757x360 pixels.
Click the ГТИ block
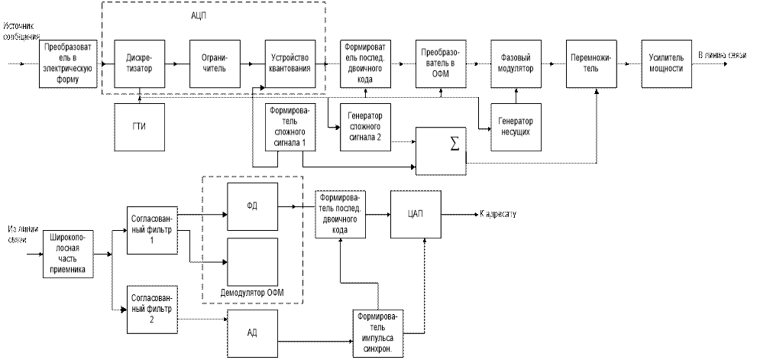point(140,125)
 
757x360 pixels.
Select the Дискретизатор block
point(140,63)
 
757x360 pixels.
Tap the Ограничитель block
point(215,63)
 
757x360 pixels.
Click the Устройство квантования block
point(291,63)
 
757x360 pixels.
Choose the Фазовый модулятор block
point(515,63)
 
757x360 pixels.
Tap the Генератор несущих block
point(515,126)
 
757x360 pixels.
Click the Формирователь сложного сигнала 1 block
point(290,126)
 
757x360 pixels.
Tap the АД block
point(253,332)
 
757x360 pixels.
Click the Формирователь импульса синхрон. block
point(378,331)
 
